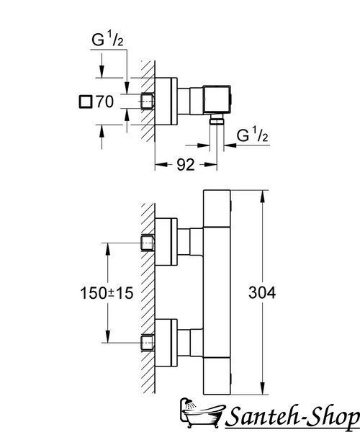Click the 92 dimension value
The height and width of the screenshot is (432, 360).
[x=185, y=165]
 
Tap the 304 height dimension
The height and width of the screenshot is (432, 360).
[x=262, y=292]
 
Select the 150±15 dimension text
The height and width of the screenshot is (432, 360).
[x=107, y=292]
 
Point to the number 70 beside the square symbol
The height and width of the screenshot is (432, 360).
[x=104, y=102]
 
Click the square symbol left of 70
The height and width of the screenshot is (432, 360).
[x=85, y=102]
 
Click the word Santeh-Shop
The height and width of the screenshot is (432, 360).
[x=293, y=417]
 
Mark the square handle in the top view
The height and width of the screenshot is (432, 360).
[x=217, y=99]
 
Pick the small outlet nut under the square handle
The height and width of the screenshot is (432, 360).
[x=217, y=120]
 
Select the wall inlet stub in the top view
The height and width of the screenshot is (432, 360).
[x=148, y=102]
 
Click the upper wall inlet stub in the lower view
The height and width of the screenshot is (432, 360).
[x=148, y=243]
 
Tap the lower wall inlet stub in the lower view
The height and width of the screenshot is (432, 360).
[x=148, y=343]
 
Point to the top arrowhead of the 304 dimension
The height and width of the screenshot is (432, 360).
[x=263, y=197]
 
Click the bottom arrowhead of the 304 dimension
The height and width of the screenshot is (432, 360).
[x=263, y=389]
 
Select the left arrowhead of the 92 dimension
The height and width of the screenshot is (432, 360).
[x=161, y=164]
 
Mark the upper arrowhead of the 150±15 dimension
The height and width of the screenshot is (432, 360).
[x=108, y=249]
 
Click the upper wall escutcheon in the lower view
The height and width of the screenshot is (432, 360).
[x=166, y=242]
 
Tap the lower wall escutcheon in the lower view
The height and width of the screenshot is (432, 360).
[x=166, y=343]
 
